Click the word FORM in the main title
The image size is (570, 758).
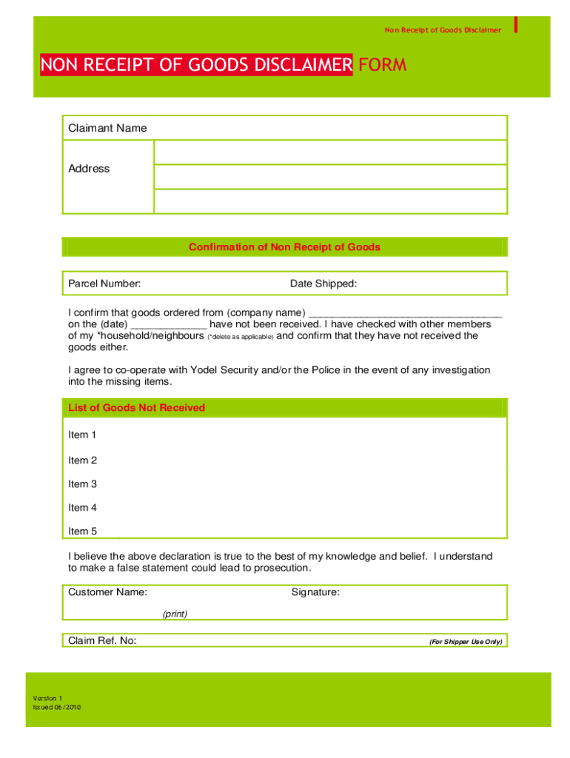(x=382, y=65)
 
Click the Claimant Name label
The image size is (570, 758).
(x=107, y=128)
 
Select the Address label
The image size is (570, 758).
(x=89, y=169)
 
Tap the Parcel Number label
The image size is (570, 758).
(x=105, y=284)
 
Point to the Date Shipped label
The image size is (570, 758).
(x=323, y=284)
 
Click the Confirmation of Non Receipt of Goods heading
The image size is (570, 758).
(x=285, y=247)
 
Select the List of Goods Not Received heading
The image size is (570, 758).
(x=137, y=408)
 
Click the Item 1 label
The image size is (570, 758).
(x=83, y=435)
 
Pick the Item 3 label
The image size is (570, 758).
(x=83, y=484)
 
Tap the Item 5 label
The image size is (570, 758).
(x=83, y=531)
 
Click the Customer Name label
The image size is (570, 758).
(x=107, y=592)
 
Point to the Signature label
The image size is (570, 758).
(x=315, y=592)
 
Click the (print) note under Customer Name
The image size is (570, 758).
(x=175, y=614)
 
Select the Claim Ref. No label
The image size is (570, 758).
(x=102, y=640)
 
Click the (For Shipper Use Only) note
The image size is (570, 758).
(x=466, y=642)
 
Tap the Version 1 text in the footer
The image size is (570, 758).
(x=48, y=698)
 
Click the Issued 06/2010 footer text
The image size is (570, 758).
(x=56, y=707)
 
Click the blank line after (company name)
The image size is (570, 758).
(x=404, y=312)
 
